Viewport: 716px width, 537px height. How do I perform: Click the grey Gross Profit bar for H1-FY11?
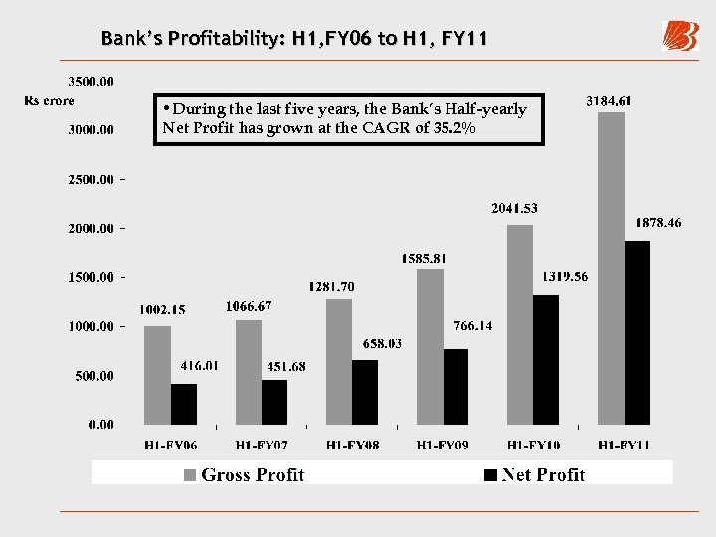611,268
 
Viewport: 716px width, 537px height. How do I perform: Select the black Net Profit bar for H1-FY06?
184,404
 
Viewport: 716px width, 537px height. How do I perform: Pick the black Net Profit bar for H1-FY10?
546,360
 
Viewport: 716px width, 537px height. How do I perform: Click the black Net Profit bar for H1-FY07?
274,402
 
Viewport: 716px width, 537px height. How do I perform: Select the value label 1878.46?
658,224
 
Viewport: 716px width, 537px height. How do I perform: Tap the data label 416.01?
199,366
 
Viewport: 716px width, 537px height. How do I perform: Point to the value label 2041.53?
514,208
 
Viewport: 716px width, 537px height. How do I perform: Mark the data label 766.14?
472,325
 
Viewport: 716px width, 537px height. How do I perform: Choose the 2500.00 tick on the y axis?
90,179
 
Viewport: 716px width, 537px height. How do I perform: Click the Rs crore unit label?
49,100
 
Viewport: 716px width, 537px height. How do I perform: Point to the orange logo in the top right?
681,36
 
